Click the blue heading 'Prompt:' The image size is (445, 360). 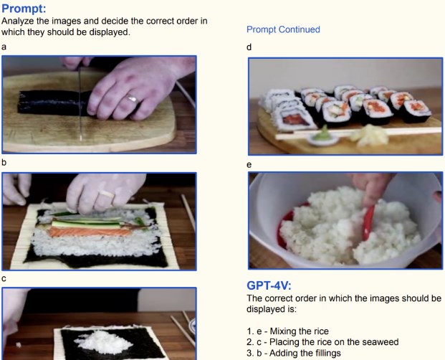(24, 9)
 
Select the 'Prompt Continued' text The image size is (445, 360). (283, 29)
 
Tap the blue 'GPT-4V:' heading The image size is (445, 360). (269, 285)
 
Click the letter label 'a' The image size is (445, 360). (4, 47)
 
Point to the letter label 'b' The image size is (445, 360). (4, 162)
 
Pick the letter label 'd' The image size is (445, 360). (249, 47)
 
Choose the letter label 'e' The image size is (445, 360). (249, 165)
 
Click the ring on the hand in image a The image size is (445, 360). (133, 99)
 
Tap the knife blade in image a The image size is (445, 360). (80, 103)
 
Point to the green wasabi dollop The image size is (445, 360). (323, 133)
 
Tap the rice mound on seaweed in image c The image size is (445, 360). (104, 342)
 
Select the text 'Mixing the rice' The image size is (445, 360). (299, 331)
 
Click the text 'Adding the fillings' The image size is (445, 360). (305, 353)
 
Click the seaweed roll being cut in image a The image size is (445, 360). (54, 103)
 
